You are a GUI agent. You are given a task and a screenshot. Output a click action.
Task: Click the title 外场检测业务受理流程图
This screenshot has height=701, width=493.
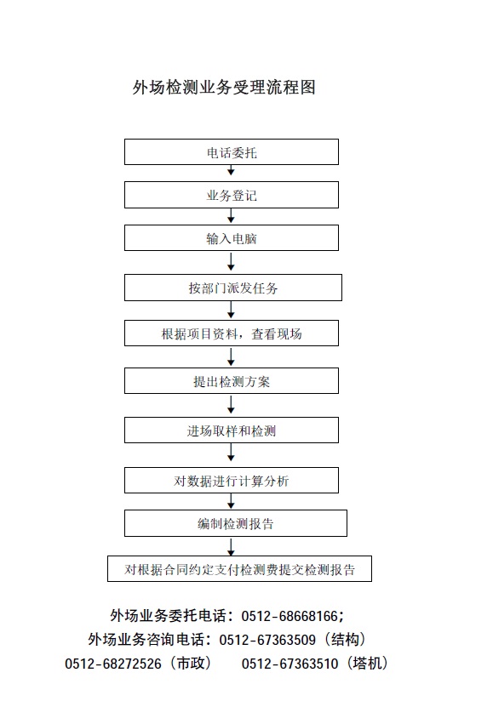coord(224,87)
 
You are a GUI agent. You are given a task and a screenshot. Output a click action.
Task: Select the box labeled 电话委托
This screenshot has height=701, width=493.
coord(232,152)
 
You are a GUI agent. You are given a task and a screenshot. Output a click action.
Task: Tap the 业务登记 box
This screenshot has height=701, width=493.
coord(232,195)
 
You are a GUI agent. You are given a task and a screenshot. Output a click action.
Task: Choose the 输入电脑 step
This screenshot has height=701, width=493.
coord(232,238)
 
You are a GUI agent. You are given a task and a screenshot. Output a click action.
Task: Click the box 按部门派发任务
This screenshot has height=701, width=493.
coord(233,288)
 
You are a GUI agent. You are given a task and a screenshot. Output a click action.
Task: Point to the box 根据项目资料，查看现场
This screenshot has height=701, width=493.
coord(232,333)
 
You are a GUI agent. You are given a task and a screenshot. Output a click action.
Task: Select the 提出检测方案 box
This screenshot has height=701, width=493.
coord(232,381)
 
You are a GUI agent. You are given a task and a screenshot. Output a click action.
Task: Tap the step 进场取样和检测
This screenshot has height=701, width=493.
coord(232,430)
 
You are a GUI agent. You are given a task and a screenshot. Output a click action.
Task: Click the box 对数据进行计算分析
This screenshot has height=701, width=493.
coord(232,480)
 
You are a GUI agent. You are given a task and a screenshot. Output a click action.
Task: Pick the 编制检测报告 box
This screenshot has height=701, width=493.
coord(236,523)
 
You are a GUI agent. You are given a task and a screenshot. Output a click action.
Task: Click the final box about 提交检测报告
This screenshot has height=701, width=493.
coord(239,568)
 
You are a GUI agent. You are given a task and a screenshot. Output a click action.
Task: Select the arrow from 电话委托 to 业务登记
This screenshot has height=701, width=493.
coord(231,170)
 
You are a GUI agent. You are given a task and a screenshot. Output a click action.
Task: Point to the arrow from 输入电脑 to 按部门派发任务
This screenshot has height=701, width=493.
coord(231,262)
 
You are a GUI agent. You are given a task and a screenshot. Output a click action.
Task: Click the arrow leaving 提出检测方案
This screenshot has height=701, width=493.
coord(231,405)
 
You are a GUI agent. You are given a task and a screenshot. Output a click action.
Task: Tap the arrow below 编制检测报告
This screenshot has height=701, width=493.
coord(231,547)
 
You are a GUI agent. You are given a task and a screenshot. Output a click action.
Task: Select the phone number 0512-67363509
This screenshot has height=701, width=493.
coord(267,640)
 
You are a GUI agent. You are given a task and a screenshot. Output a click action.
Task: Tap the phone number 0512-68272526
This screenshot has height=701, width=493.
coord(112,664)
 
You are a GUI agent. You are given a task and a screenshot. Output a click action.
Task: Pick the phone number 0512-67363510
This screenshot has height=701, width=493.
coord(289,664)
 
